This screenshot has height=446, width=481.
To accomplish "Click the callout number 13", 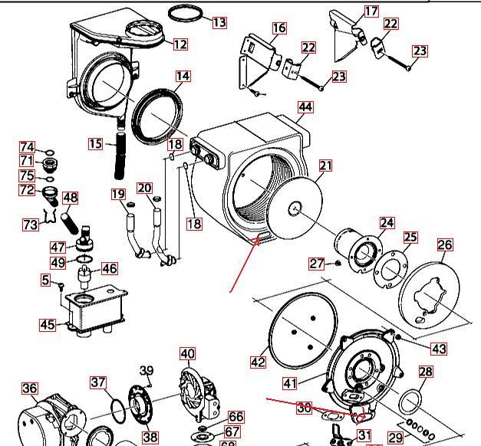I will pos(219,22).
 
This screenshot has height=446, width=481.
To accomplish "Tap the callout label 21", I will pos(327,166).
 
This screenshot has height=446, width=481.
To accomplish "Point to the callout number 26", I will pos(445,245).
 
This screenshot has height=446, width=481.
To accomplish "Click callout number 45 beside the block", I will pos(48,325).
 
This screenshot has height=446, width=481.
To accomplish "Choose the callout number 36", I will pos(29,389).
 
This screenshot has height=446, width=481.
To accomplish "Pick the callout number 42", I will pos(259,361).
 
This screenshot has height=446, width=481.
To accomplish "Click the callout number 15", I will pos(96,143).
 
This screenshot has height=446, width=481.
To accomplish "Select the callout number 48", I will pos(71,198).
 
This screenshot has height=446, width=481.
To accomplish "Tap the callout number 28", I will pos(426,372).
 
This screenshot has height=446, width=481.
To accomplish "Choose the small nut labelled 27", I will pos(335,264).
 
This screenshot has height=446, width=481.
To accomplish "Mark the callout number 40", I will pos(188,354).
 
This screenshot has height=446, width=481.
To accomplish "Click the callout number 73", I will pos(31,225).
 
